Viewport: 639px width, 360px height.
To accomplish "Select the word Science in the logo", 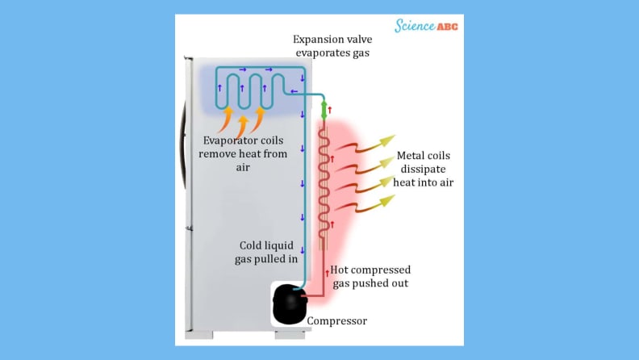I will (414, 26).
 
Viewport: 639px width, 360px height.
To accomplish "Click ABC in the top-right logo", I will (447, 27).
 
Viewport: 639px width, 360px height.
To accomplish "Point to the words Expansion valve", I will (332, 39).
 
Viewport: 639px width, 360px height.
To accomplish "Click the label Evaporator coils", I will (244, 140).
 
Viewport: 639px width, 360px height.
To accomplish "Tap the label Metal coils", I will (424, 155).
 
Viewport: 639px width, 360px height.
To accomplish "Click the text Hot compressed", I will (371, 270).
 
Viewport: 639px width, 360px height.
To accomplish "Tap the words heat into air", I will (424, 182).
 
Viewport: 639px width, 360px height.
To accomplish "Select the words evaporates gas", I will (332, 53).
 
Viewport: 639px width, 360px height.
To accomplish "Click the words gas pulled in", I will (269, 259).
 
